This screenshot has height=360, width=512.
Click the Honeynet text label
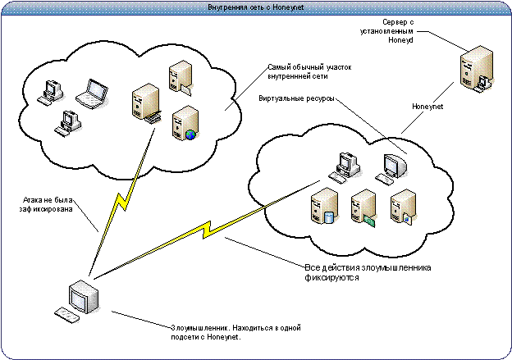(427, 107)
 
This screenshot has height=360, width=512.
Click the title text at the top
(255, 7)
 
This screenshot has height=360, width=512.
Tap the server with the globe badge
(185, 123)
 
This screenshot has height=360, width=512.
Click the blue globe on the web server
(190, 134)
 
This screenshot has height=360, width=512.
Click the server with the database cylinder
(324, 206)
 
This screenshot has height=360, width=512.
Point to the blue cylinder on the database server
(330, 216)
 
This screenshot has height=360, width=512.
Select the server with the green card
(363, 207)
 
